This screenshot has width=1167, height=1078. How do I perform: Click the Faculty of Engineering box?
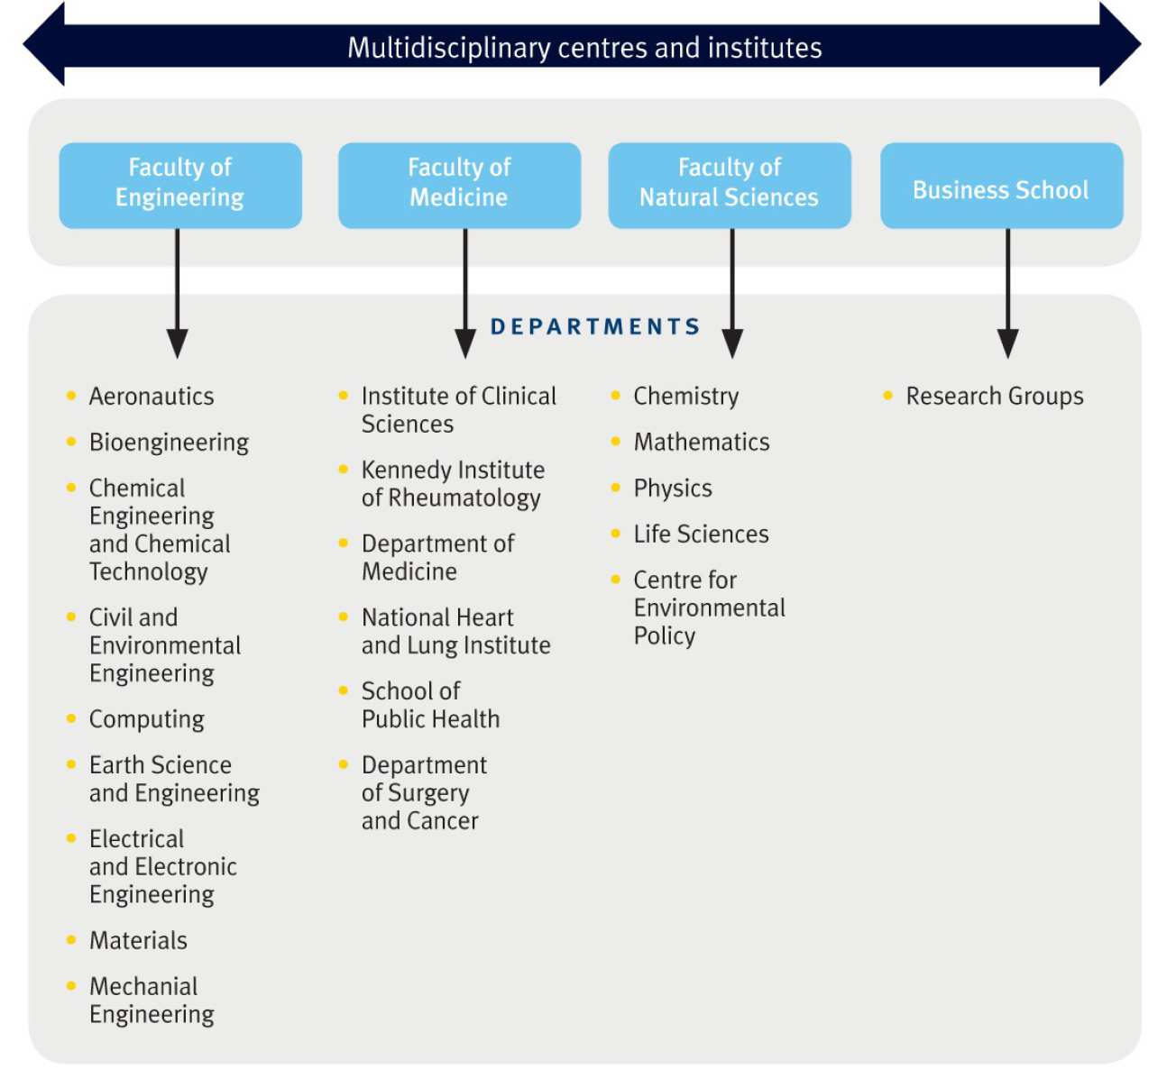[180, 185]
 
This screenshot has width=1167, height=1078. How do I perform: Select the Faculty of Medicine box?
[459, 185]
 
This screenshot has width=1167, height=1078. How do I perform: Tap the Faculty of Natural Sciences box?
[730, 185]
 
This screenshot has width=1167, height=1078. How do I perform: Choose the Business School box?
[1001, 185]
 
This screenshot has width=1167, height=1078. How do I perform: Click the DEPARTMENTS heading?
[595, 326]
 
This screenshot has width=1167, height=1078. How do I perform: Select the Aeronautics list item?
[152, 397]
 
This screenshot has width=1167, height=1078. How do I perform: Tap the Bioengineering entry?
[169, 443]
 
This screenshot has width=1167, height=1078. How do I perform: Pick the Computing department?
[146, 719]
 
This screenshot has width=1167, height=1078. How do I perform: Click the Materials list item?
[138, 940]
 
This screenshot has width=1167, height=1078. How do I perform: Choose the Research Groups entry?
[995, 397]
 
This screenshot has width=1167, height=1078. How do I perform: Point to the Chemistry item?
[685, 397]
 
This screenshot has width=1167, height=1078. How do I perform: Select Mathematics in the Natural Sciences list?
[702, 443]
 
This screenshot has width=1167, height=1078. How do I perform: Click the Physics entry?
[673, 489]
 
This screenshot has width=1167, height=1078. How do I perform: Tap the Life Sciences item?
[701, 534]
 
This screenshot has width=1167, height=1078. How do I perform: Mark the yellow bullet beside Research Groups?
[888, 396]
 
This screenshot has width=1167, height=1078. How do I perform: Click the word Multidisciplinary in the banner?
[448, 48]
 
